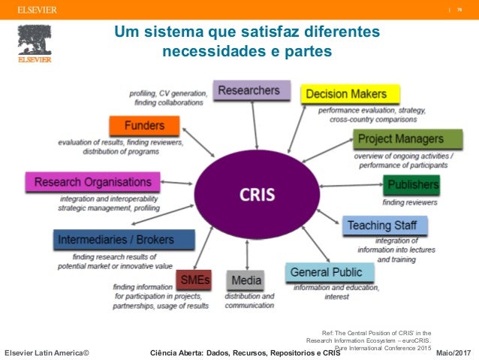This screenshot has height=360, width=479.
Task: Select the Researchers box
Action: pos(251,91)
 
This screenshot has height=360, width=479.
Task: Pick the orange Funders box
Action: pos(145,126)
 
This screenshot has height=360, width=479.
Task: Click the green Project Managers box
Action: pos(408,139)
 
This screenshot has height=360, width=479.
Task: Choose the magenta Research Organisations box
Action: pos(92,182)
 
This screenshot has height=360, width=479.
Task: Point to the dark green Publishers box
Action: pos(411,184)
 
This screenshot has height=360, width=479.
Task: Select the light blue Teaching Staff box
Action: pos(386,225)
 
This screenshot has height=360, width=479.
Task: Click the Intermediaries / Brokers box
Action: pos(125,241)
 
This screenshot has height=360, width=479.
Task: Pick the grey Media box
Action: pos(246,281)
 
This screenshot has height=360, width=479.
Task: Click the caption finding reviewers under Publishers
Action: pos(410,202)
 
